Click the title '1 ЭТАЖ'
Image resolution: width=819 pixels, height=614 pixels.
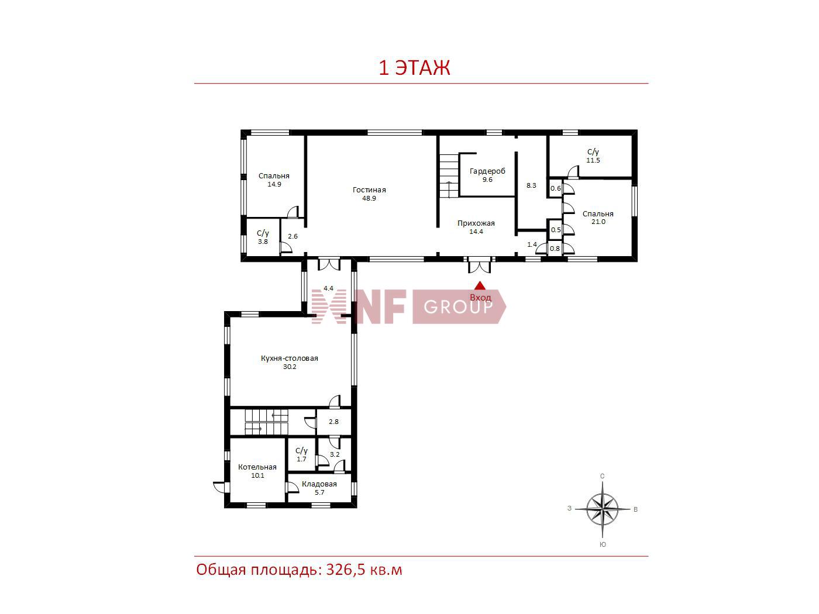tap(414, 68)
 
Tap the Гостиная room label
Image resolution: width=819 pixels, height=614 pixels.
tap(369, 190)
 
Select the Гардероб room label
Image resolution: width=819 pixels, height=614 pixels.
tap(487, 171)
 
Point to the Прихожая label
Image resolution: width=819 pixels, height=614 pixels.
tap(476, 223)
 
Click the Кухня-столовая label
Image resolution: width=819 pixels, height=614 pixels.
tap(289, 358)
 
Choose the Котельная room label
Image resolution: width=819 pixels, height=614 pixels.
tap(257, 467)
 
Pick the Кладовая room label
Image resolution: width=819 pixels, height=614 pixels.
tap(319, 484)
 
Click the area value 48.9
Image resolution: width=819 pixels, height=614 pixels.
tap(369, 199)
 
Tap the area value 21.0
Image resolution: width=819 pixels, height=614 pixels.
tap(598, 222)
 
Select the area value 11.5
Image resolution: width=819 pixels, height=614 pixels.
tap(593, 161)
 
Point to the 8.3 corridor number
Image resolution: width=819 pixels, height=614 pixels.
tap(531, 185)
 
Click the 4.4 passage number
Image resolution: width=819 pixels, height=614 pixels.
tap(328, 288)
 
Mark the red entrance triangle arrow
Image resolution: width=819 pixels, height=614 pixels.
tap(480, 285)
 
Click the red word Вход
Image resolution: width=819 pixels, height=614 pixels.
tap(480, 298)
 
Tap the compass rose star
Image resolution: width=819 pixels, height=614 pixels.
tap(602, 509)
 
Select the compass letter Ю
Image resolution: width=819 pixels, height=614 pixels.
tap(603, 544)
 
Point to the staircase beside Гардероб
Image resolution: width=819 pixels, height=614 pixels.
tap(449, 177)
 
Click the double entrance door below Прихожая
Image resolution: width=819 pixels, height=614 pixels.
tap(479, 265)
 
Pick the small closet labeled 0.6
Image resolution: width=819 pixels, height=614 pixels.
tap(555, 188)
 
